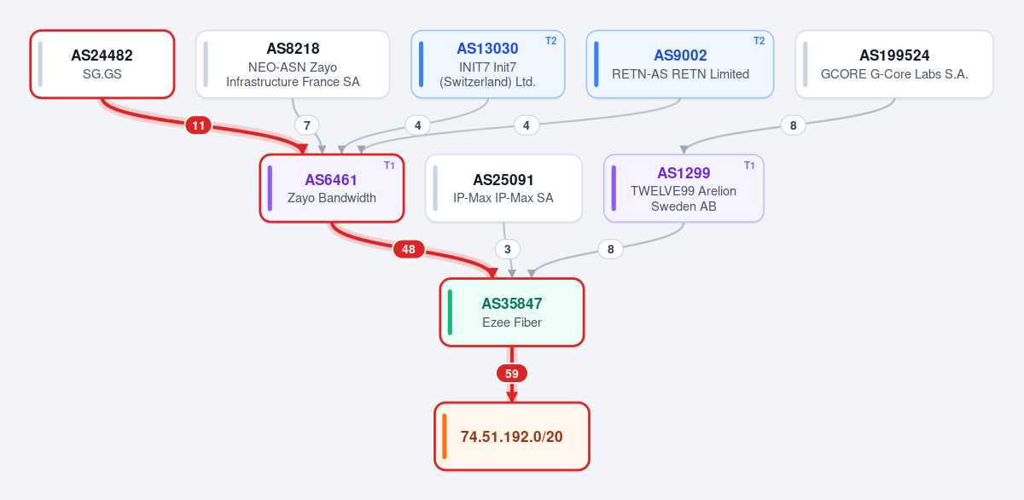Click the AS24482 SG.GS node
click(102, 64)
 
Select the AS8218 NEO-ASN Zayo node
click(293, 64)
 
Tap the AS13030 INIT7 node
click(488, 64)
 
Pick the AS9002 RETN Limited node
click(680, 64)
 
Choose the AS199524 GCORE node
click(894, 64)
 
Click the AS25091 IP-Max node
click(503, 189)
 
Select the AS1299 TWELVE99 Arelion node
click(684, 189)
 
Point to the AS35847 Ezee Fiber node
click(512, 312)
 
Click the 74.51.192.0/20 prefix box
click(512, 437)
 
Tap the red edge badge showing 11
click(198, 125)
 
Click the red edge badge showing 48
click(409, 249)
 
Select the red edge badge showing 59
click(512, 374)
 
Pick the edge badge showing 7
click(306, 125)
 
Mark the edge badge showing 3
click(508, 249)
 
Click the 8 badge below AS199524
click(793, 125)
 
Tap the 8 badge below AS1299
click(611, 249)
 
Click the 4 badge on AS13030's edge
click(418, 125)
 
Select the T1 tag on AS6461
click(389, 166)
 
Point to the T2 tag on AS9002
click(759, 41)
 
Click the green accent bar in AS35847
click(451, 312)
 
